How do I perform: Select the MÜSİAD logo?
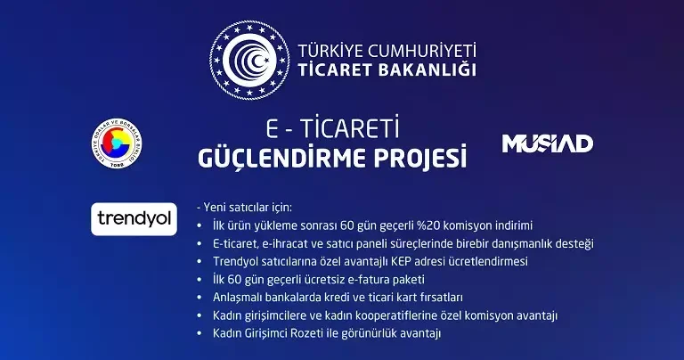click(x=548, y=143)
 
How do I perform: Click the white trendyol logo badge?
click(x=134, y=218)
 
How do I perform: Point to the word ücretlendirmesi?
click(x=488, y=261)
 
